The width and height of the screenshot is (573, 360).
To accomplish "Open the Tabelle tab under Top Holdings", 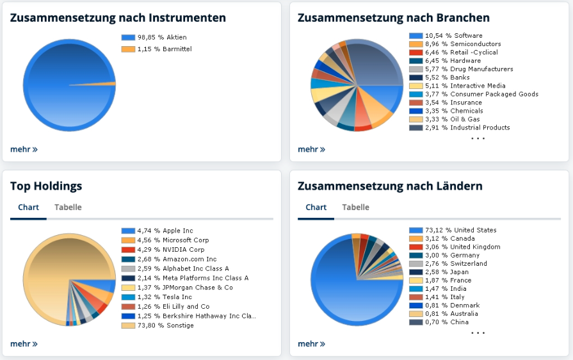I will [68, 208].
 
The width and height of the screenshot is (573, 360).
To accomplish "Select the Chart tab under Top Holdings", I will [28, 208].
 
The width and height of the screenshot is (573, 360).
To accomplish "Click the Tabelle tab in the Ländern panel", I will [355, 208].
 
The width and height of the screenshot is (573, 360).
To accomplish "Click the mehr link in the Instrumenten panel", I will [24, 149].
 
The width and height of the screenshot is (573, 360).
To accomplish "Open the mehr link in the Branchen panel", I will [311, 149].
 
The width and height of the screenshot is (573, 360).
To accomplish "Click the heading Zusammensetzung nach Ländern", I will [390, 186].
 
